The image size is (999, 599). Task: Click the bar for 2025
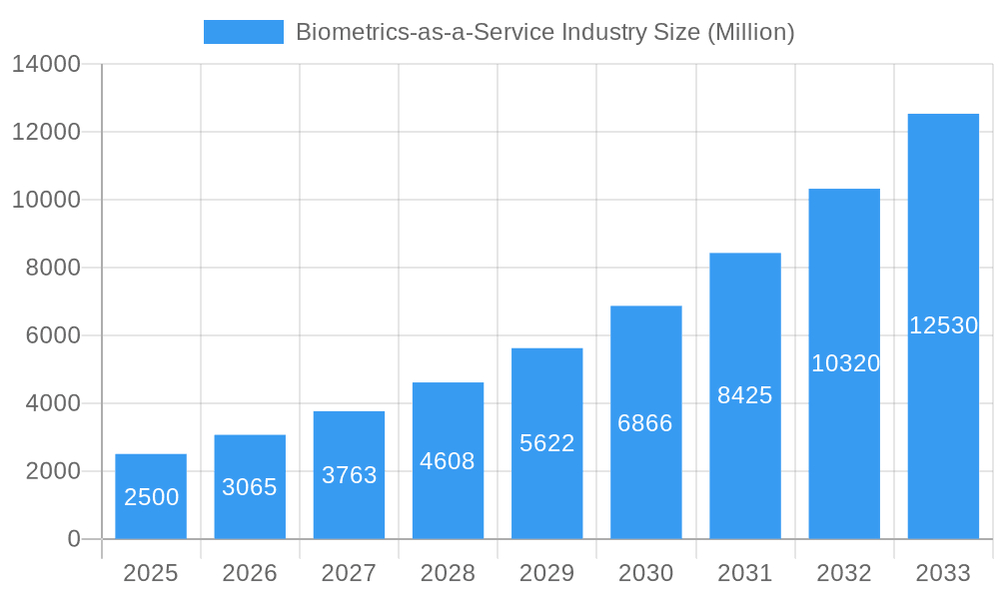(151, 496)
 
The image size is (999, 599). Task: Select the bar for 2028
(448, 460)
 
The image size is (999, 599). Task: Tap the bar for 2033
(943, 326)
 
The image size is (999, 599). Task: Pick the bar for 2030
(646, 422)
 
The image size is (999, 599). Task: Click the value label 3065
(250, 487)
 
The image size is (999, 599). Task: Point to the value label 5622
(547, 443)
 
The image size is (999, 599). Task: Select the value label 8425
(745, 395)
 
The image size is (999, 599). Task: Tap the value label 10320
(845, 363)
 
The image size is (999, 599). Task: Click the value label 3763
(350, 475)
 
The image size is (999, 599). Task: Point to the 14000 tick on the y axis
(46, 65)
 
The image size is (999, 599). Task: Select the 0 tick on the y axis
(74, 539)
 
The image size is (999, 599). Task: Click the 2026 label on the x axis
(250, 573)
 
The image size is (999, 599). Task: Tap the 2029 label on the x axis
(547, 573)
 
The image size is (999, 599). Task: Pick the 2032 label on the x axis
(844, 573)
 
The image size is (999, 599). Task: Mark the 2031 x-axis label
(745, 573)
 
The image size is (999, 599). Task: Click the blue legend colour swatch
(244, 32)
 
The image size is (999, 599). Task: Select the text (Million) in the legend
(750, 32)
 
